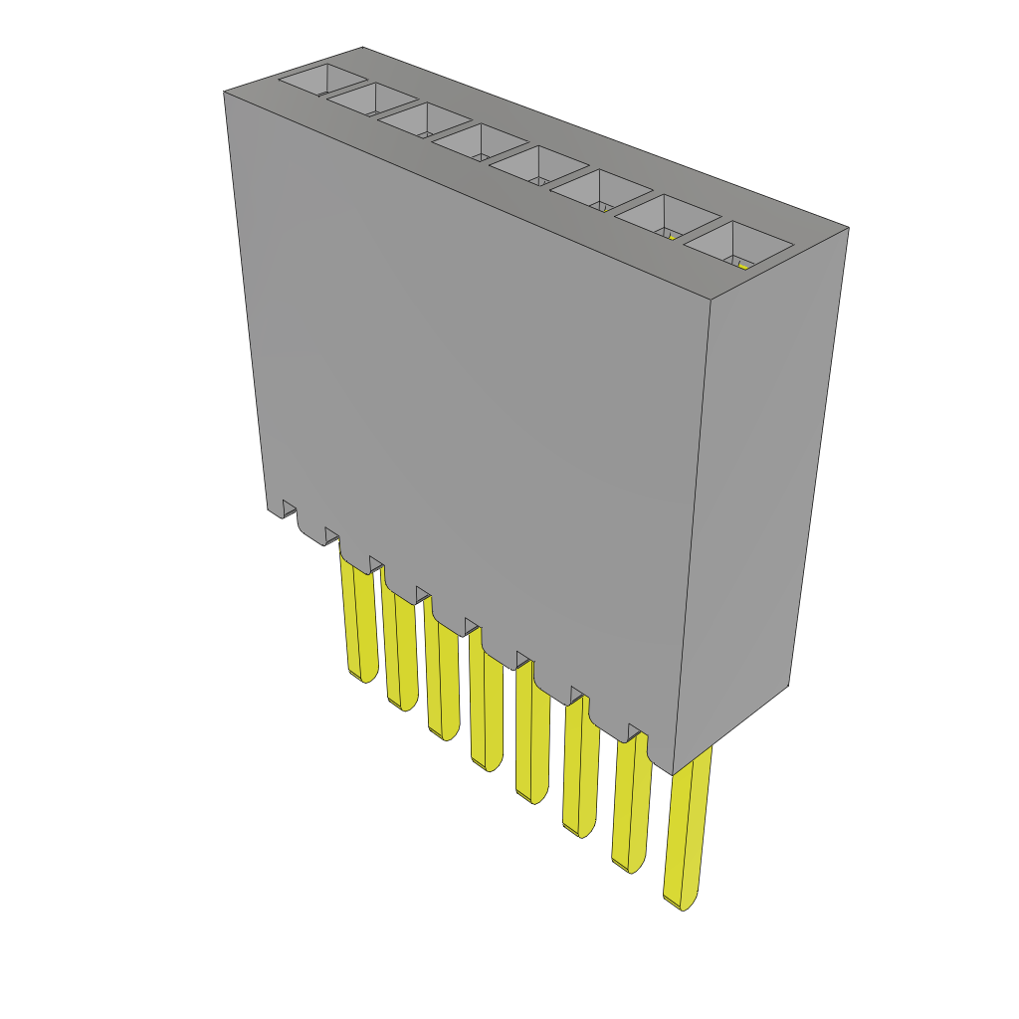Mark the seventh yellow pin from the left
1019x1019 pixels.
[x=630, y=806]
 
